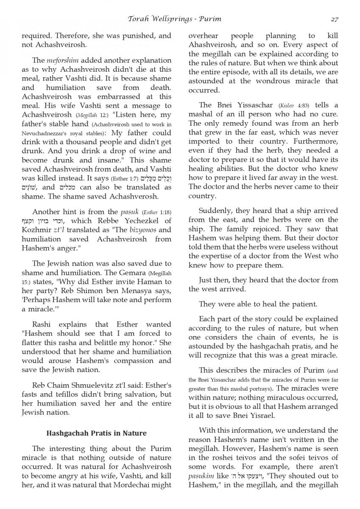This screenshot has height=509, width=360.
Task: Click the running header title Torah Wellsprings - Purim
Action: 174,19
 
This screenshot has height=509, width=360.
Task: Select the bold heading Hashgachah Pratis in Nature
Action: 96,433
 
